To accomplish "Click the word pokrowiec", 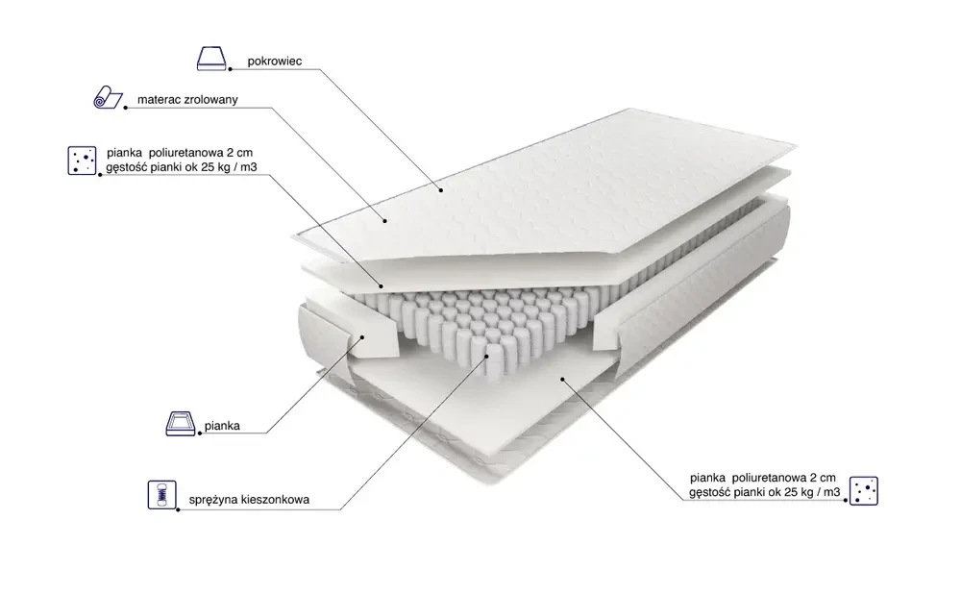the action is tap(275, 62).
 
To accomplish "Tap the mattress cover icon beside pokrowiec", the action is tap(211, 59).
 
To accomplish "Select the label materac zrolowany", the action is tap(187, 99).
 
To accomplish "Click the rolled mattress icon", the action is tap(108, 97).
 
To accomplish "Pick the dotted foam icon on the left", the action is tap(82, 161).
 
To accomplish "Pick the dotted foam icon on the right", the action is tap(864, 490).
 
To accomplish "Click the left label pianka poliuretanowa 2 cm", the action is tap(180, 152).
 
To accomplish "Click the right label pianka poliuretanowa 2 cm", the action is tap(763, 478).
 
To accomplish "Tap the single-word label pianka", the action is tap(223, 426).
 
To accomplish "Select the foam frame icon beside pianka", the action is tap(181, 424).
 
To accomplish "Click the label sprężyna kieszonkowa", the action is tap(249, 500).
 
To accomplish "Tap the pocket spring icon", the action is tap(161, 495).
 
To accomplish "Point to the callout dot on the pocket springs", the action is tap(488, 355).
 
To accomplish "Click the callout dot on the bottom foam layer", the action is tap(562, 380).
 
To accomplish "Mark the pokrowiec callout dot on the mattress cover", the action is tap(441, 190).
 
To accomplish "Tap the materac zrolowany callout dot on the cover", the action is tap(385, 221).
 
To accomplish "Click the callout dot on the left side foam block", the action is tap(363, 336).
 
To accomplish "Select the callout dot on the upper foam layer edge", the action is tap(382, 286).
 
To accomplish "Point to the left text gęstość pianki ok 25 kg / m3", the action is tap(182, 166).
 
